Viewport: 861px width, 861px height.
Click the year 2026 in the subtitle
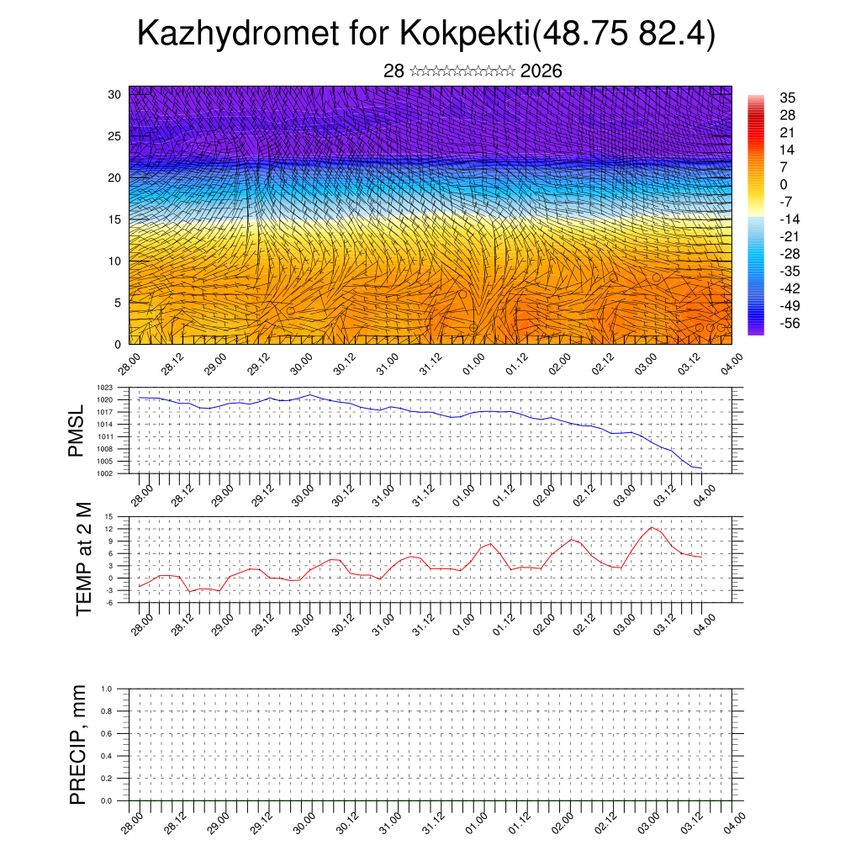click(x=541, y=71)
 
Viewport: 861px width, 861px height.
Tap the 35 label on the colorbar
click(x=788, y=98)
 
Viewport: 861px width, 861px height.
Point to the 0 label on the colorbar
click(x=784, y=185)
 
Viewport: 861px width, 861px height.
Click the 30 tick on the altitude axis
click(x=115, y=94)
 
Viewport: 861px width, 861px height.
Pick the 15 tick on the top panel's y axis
click(x=115, y=219)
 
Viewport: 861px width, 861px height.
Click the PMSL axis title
click(x=77, y=430)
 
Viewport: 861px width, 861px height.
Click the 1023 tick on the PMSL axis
click(x=118, y=388)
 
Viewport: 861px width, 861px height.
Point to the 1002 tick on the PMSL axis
click(x=118, y=473)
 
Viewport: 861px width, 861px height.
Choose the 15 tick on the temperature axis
click(x=120, y=516)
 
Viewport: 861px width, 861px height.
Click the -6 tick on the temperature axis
click(x=120, y=602)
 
